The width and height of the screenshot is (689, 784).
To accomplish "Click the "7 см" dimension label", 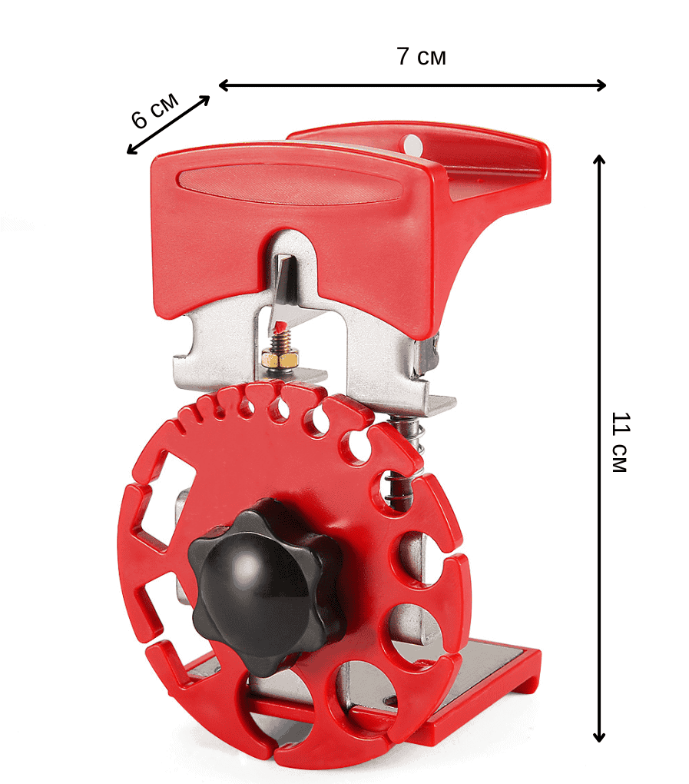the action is click(421, 56).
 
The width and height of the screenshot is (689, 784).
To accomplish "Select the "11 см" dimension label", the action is click(621, 442).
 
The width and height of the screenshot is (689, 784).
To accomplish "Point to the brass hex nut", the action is click(280, 358).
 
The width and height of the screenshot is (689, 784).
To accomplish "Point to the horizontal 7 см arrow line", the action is click(412, 85).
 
